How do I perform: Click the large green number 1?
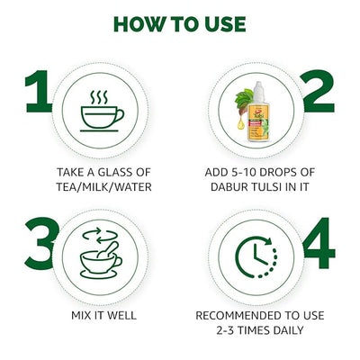[x=39, y=91]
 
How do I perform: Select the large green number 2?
[x=318, y=91]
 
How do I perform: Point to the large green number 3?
[x=41, y=243]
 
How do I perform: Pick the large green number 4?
[x=319, y=243]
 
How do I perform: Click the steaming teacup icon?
[x=102, y=111]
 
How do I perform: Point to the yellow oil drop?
[x=240, y=124]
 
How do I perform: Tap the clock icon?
[x=256, y=257]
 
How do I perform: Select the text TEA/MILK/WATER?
[x=103, y=187]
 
